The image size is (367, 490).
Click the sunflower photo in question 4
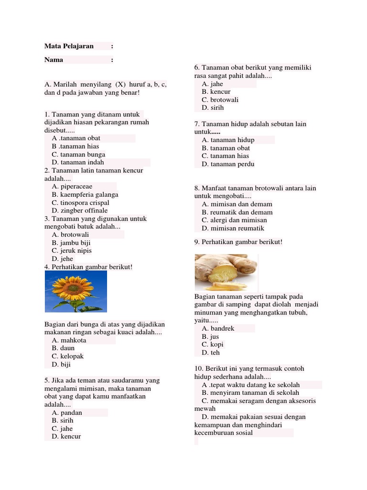(76, 291)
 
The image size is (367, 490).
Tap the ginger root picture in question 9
(226, 272)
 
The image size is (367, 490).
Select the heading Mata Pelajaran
(69, 46)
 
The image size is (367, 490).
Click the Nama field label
(54, 60)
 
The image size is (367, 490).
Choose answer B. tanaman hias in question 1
(75, 146)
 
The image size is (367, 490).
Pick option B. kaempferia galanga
(85, 195)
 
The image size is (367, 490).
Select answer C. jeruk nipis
(72, 251)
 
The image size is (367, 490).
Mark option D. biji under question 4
(61, 365)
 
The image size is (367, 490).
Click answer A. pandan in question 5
(67, 412)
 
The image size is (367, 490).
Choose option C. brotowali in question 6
(220, 100)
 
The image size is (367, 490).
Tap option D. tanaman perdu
(228, 164)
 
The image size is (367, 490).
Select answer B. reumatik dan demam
(237, 212)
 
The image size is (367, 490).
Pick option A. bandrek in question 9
(218, 329)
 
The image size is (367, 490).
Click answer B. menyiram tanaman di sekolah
(250, 393)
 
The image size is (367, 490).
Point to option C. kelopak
(68, 356)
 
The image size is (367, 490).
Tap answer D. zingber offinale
(80, 211)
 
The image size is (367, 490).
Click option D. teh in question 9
(211, 353)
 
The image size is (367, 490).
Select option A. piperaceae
(72, 187)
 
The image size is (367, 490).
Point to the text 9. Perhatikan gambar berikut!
(238, 242)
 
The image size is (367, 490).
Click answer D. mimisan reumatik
(233, 228)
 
